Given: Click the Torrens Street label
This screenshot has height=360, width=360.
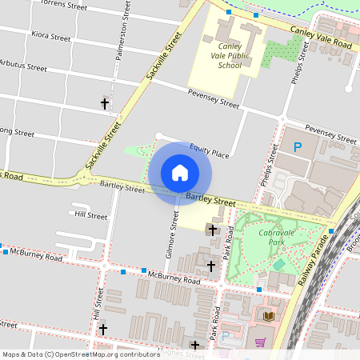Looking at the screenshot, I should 57,4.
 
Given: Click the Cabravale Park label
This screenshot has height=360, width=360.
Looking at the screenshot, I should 278,237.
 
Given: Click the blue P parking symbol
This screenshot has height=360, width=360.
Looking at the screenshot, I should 298,147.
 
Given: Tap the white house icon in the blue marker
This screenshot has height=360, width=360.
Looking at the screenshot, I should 180,172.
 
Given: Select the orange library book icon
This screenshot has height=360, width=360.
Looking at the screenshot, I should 269,318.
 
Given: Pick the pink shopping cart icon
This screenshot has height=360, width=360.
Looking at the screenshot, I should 260,342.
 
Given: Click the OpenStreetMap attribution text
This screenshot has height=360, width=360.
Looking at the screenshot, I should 82,354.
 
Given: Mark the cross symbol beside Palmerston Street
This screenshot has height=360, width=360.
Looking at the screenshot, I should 104,103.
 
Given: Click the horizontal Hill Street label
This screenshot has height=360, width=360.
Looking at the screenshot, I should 90,215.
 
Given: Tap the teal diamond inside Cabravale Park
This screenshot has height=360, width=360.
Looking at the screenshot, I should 278,264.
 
